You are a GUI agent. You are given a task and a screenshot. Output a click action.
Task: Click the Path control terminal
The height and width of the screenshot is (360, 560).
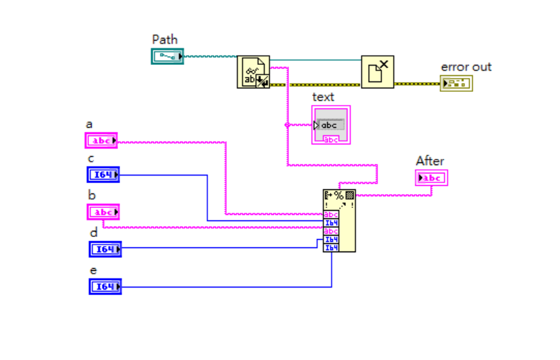167,57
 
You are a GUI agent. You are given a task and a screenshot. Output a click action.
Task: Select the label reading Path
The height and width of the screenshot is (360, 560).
165,39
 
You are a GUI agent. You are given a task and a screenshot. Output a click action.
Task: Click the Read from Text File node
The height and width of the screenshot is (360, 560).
253,72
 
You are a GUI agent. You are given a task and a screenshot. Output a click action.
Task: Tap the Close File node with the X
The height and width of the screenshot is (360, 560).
377,72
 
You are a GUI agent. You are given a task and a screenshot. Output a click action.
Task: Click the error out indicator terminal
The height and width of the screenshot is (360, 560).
456,84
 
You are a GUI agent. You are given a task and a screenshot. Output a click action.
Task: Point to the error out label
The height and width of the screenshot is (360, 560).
466,67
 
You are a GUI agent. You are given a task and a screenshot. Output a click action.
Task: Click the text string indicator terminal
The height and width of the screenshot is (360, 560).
331,125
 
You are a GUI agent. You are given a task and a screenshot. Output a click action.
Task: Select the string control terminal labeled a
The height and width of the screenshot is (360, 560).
102,141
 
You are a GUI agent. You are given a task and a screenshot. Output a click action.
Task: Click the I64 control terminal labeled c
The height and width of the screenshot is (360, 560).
103,175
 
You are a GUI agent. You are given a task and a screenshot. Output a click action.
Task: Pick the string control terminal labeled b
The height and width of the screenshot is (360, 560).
103,211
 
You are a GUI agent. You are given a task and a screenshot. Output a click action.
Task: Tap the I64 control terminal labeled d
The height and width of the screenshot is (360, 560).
105,249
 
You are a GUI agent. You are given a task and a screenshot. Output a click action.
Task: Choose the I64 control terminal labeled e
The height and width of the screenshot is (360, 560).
105,286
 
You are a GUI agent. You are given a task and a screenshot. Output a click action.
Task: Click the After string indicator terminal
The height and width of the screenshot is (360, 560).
432,178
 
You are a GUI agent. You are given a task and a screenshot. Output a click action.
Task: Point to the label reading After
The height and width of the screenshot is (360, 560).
429,161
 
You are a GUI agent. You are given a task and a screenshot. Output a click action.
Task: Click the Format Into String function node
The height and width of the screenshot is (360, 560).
339,220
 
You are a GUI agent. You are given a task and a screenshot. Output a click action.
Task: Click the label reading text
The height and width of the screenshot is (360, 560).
323,97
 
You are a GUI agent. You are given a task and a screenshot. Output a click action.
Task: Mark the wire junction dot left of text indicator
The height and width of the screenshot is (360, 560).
287,125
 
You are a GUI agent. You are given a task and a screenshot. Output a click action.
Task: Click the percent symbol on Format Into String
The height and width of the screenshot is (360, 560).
339,195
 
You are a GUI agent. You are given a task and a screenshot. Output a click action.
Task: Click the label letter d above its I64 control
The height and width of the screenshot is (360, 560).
93,232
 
